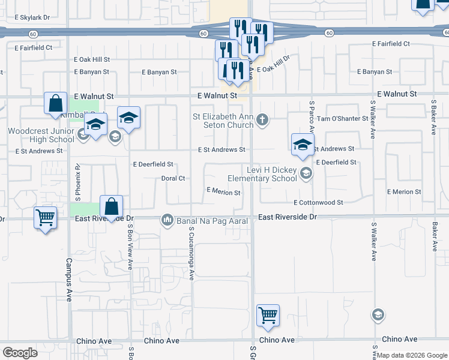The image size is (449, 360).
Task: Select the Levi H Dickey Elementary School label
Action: click(x=262, y=174)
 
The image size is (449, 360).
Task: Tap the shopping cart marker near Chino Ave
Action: click(x=268, y=314)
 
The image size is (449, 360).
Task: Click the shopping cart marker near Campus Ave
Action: click(x=46, y=217)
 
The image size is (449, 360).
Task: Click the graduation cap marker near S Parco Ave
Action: click(x=303, y=143)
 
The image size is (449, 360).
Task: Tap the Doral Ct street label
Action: click(x=173, y=178)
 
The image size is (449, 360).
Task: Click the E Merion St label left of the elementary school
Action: click(x=223, y=193)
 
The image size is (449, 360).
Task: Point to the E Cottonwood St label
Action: click(x=318, y=203)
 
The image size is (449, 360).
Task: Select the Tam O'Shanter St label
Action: click(x=342, y=119)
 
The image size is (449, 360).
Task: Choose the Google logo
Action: click(x=20, y=353)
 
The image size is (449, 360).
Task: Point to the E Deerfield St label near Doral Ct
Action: click(x=153, y=164)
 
